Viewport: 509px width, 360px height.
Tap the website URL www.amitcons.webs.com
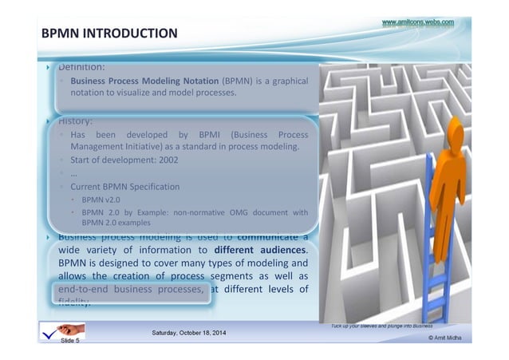(417, 23)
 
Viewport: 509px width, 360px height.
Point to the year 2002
(167, 160)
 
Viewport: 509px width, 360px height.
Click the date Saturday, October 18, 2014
(188, 331)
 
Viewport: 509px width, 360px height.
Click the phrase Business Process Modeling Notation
(144, 81)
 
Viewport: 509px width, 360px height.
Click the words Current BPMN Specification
(124, 186)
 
